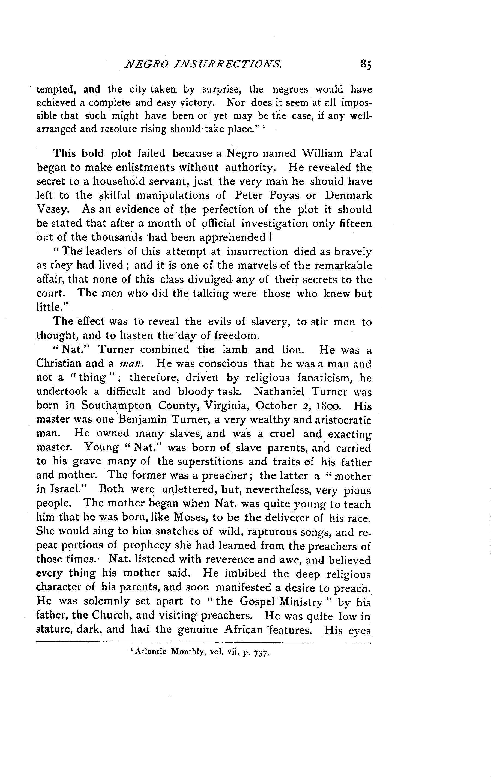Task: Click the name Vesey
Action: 52,209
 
